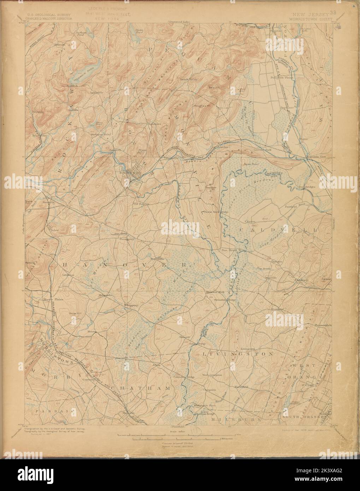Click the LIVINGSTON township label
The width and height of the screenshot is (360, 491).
pyautogui.click(x=237, y=353)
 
